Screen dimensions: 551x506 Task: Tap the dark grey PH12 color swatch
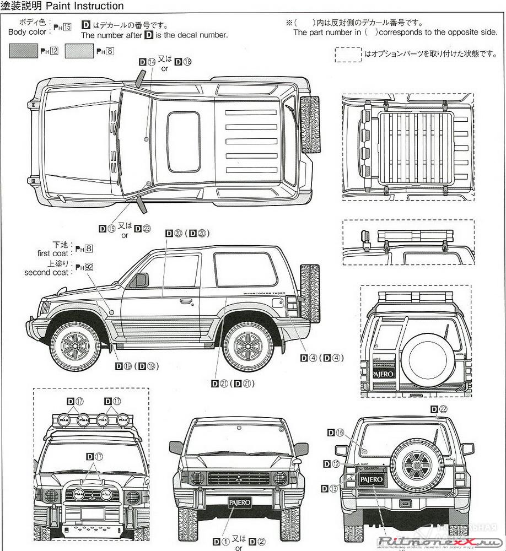(x=24, y=51)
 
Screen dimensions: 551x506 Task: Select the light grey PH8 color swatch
(x=79, y=51)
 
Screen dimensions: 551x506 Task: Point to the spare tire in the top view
(x=310, y=125)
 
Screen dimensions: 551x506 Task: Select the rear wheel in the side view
(x=246, y=346)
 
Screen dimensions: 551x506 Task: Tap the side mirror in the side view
(x=141, y=280)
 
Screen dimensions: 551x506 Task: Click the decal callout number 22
(x=443, y=409)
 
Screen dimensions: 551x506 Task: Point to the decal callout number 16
(x=340, y=433)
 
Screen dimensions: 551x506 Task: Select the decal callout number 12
(x=336, y=464)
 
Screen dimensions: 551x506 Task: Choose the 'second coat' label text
(x=46, y=273)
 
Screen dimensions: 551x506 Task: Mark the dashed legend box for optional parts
(x=348, y=54)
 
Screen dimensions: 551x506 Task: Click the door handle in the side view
(x=186, y=301)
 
